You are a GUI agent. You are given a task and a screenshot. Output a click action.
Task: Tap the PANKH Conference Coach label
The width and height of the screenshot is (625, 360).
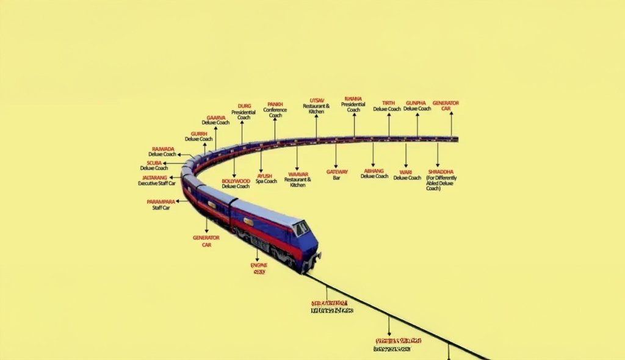pyautogui.click(x=275, y=110)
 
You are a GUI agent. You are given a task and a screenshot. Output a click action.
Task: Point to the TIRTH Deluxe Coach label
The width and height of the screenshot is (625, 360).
pyautogui.click(x=387, y=106)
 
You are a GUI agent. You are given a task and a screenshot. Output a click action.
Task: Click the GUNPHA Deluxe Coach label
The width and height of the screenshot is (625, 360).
pyautogui.click(x=417, y=106)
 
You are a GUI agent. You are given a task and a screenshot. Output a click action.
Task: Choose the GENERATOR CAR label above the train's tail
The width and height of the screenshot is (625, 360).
pyautogui.click(x=446, y=106)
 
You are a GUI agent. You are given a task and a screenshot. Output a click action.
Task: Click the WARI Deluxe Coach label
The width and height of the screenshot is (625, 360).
pyautogui.click(x=406, y=175)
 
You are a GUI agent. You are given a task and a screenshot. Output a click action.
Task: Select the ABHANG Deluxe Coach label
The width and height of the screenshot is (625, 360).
pyautogui.click(x=374, y=173)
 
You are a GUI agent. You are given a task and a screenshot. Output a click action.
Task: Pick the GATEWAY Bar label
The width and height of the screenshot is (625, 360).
pyautogui.click(x=337, y=175)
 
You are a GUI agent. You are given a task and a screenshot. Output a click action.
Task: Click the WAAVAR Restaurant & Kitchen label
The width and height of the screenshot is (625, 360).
pyautogui.click(x=298, y=179)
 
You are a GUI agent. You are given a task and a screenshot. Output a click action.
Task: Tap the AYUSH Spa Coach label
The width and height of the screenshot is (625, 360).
pyautogui.click(x=266, y=178)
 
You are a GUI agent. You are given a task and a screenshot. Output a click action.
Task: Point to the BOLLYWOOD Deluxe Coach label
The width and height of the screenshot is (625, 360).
pyautogui.click(x=236, y=183)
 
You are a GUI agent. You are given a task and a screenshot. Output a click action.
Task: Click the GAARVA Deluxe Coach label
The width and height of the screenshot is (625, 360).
pyautogui.click(x=215, y=120)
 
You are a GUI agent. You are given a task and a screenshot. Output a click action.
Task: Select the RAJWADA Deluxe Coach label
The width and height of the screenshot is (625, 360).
pyautogui.click(x=162, y=151)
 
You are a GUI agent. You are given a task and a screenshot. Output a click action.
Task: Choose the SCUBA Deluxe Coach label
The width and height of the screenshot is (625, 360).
pyautogui.click(x=154, y=165)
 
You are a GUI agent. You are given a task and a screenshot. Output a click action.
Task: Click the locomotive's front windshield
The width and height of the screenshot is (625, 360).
pyautogui.click(x=302, y=228)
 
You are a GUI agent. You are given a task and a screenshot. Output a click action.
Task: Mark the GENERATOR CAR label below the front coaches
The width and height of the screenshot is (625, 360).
pyautogui.click(x=206, y=240)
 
